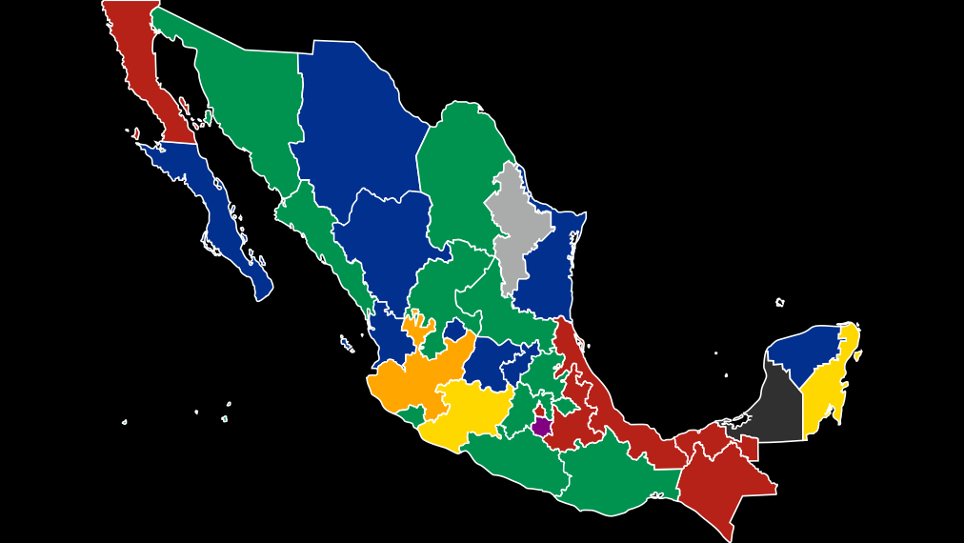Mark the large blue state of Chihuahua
[352, 124]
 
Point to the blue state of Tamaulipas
[548, 276]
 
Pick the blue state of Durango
[381, 248]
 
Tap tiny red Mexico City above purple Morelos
[539, 412]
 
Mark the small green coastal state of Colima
[412, 414]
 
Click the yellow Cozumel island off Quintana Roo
[857, 355]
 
